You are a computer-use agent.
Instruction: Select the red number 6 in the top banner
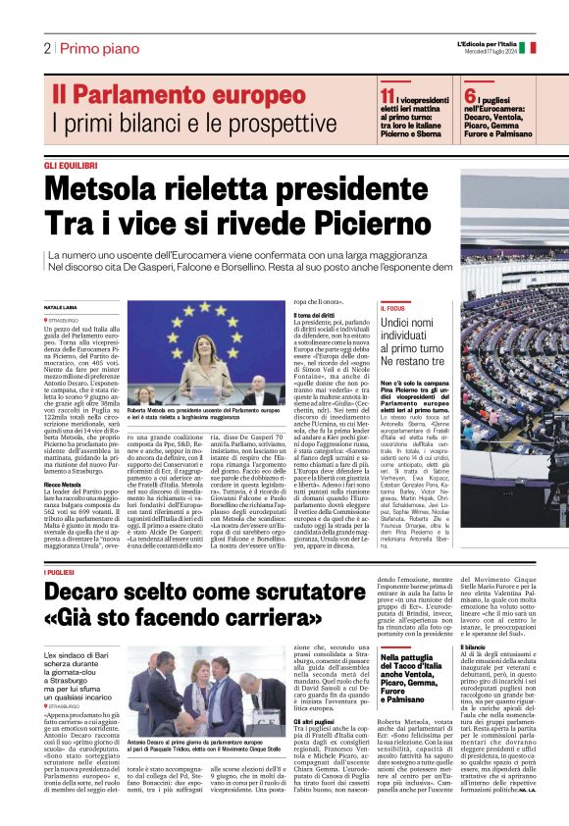[471, 94]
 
